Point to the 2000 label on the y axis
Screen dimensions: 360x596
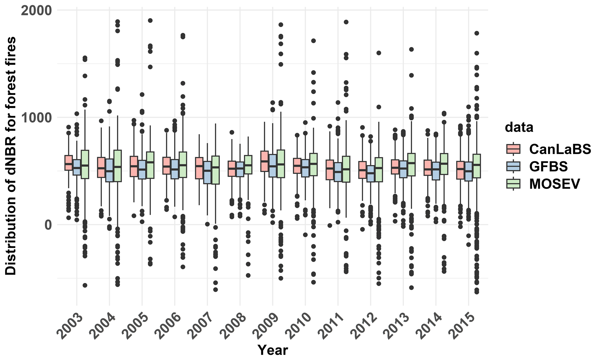point(36,10)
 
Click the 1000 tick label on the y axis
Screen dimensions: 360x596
point(36,117)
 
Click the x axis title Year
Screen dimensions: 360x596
point(272,350)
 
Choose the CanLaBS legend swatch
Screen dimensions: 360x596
point(513,149)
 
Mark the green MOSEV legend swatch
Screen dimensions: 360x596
point(513,184)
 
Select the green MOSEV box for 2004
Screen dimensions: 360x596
point(117,166)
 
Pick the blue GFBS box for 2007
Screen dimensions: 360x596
point(207,172)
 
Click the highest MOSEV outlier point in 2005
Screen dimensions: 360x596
point(150,20)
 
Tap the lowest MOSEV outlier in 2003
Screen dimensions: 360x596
point(85,285)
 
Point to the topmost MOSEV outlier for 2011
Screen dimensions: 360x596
point(346,22)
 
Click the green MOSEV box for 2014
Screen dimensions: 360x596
point(444,164)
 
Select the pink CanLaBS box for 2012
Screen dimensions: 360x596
point(362,170)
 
